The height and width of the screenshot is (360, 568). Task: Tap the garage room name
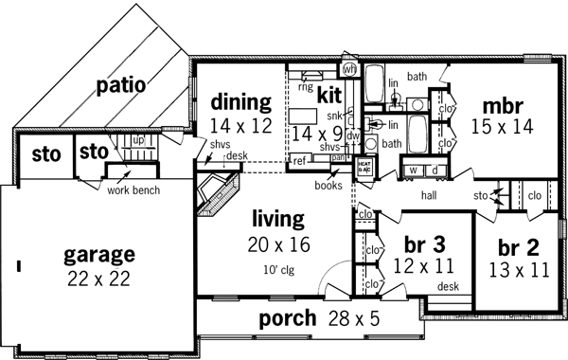point(98,255)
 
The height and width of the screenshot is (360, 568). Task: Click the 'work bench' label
point(133,189)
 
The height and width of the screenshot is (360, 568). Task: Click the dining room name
point(240,101)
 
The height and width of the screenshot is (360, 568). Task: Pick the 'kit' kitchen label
point(328,97)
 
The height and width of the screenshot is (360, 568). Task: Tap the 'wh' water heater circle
point(348,69)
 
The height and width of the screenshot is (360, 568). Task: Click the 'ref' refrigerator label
point(298,162)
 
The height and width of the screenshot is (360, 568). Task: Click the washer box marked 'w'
point(413,170)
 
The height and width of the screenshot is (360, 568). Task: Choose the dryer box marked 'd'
point(434,170)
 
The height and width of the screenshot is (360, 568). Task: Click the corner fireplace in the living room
point(217,195)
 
